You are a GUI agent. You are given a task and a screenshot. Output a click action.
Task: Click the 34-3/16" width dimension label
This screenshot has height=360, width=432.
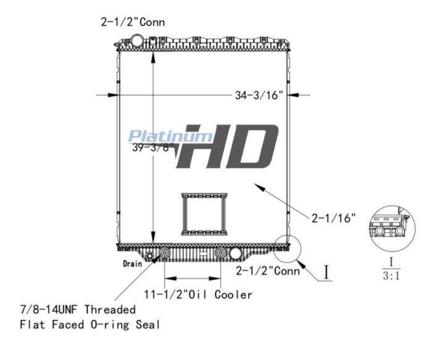259,95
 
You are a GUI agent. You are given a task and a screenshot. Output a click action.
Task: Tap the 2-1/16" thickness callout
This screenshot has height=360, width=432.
334,218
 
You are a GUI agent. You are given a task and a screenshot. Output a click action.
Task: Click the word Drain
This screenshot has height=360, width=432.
133,264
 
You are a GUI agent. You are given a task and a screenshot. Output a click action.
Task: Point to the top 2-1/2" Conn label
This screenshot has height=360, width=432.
133,22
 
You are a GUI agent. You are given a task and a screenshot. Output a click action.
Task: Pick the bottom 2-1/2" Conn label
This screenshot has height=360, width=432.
268,271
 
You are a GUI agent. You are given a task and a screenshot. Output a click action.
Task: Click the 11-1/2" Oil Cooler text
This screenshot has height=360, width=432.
198,295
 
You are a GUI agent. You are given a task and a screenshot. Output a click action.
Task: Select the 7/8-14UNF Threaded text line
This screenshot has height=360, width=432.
78,309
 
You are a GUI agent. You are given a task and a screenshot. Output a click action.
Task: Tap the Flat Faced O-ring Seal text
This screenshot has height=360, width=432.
90,324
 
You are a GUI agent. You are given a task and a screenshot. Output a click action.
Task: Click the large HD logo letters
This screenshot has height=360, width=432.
227,146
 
